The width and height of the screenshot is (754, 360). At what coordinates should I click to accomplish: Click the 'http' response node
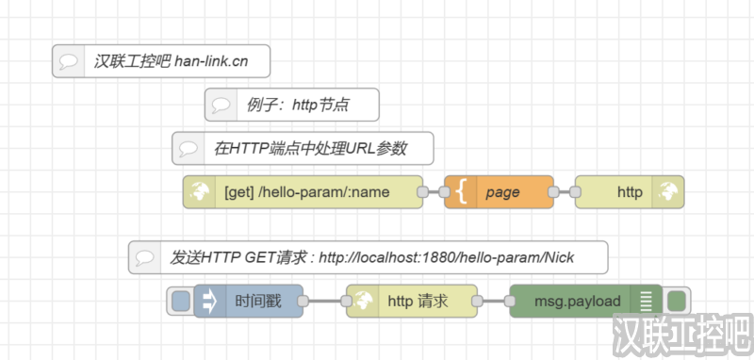click(629, 192)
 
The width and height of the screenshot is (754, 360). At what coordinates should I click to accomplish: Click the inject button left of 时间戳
click(180, 302)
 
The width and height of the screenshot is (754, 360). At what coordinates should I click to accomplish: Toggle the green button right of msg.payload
click(676, 302)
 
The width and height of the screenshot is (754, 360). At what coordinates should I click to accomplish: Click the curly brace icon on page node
click(461, 192)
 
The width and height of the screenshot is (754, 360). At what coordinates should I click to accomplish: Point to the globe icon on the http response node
click(668, 192)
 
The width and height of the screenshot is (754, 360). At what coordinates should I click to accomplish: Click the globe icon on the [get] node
click(200, 192)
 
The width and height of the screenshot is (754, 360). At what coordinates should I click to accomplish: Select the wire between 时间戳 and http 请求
click(324, 302)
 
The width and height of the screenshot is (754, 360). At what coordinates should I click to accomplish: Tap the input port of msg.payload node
click(510, 302)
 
